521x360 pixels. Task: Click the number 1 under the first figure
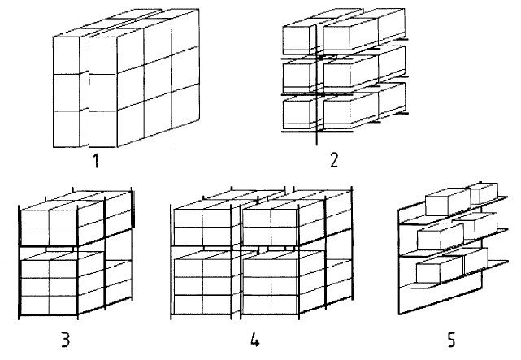(x=96, y=161)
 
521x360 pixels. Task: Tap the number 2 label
(x=334, y=160)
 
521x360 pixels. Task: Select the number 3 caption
(x=66, y=340)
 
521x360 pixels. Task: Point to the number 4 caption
(x=254, y=340)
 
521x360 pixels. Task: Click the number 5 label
(x=451, y=340)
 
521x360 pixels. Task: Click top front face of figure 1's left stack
(x=66, y=55)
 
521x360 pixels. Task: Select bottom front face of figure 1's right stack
(x=103, y=129)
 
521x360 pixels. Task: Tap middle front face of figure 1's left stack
(x=66, y=93)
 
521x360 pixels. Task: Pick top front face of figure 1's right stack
(x=103, y=55)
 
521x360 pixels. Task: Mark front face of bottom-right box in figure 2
(x=336, y=112)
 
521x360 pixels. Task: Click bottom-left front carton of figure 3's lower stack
(x=35, y=305)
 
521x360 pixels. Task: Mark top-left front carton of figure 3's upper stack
(x=35, y=219)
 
